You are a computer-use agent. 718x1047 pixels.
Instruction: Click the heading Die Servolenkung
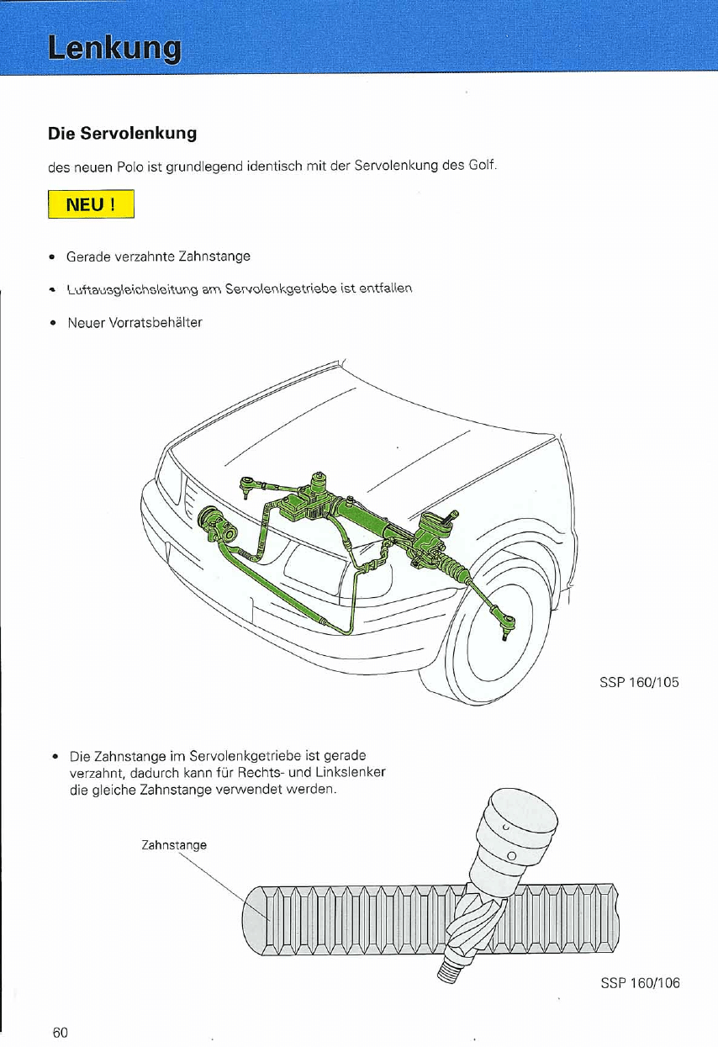(x=122, y=134)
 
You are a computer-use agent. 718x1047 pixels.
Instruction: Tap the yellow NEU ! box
(x=92, y=205)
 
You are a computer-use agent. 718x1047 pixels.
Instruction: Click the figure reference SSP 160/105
(x=639, y=682)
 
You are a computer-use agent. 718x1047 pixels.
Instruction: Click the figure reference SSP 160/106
(x=640, y=983)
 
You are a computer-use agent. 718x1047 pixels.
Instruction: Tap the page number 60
(x=60, y=1032)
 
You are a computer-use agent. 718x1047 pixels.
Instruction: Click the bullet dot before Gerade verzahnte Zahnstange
(x=52, y=256)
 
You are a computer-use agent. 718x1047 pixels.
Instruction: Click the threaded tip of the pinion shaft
(x=451, y=970)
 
